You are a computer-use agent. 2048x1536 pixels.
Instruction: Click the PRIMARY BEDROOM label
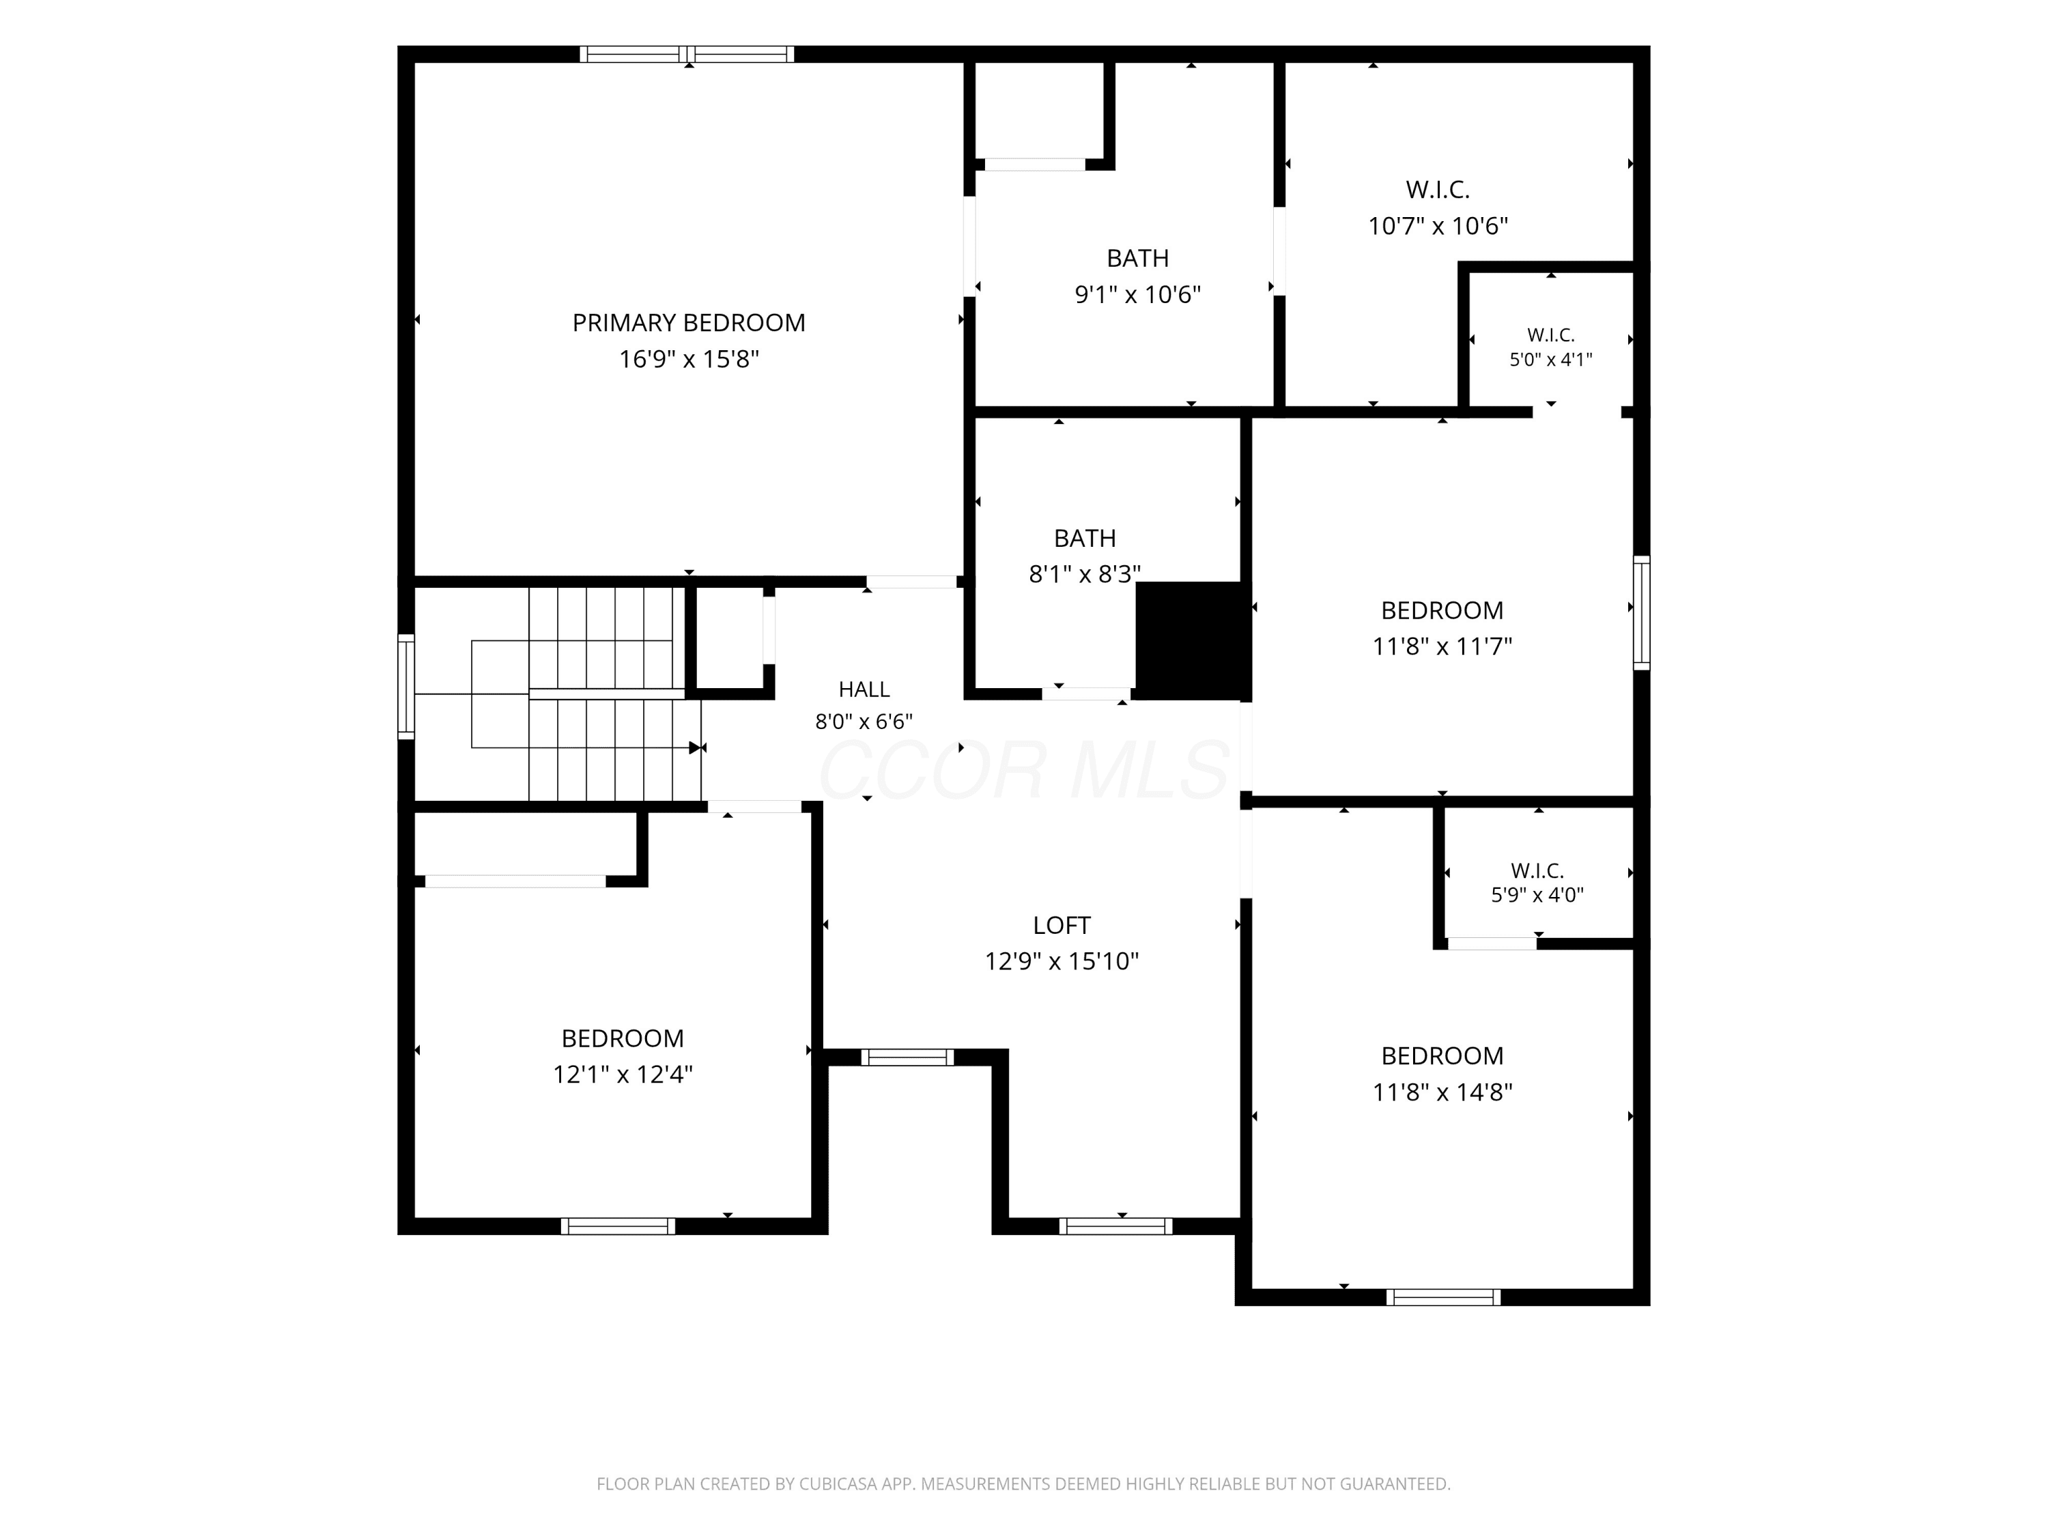(689, 323)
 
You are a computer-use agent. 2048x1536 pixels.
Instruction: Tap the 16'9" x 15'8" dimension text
(689, 359)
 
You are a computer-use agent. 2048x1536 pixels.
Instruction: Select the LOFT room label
(1062, 925)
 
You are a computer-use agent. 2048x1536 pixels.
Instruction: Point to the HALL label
(864, 689)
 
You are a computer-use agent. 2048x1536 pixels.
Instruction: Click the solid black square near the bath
(1193, 641)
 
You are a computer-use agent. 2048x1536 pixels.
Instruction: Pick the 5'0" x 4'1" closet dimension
(1551, 360)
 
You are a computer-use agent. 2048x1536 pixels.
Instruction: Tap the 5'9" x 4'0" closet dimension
(1538, 895)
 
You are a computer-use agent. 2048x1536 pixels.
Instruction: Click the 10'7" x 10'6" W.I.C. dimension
(1438, 226)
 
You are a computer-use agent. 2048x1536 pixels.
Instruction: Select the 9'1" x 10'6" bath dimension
(1138, 294)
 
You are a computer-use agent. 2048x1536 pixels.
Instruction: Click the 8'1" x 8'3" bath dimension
(1085, 574)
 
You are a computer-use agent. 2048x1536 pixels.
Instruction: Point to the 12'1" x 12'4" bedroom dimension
(623, 1074)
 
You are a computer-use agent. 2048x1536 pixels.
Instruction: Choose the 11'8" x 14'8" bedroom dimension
(1442, 1092)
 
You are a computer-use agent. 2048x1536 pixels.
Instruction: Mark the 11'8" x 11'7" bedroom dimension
(1442, 646)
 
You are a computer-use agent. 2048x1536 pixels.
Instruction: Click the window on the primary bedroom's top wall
(687, 54)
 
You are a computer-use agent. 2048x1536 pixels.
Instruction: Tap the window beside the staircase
(406, 686)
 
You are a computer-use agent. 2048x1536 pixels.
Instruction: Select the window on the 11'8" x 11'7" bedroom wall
(1642, 612)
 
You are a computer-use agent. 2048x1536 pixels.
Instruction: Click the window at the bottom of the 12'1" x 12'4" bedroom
(618, 1227)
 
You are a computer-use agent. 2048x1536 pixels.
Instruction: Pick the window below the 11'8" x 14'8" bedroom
(1443, 1297)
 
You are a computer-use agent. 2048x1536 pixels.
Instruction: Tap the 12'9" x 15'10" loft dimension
(1062, 961)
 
